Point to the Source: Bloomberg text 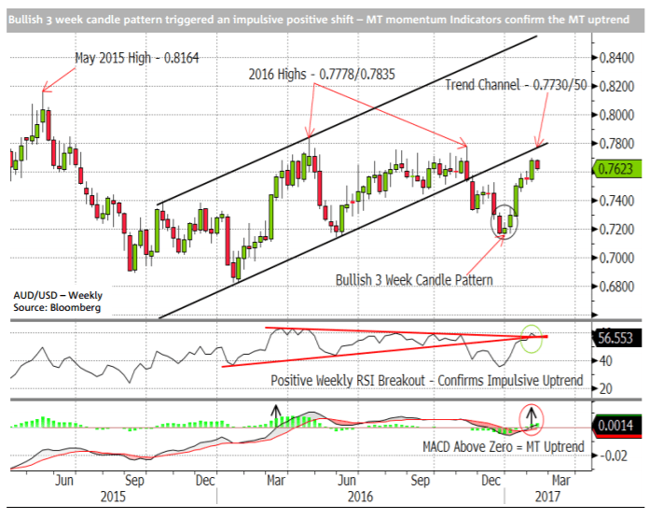pos(56,306)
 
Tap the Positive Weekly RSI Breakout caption pos(427,381)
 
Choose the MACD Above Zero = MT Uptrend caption pos(500,447)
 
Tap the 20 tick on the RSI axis pos(605,388)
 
